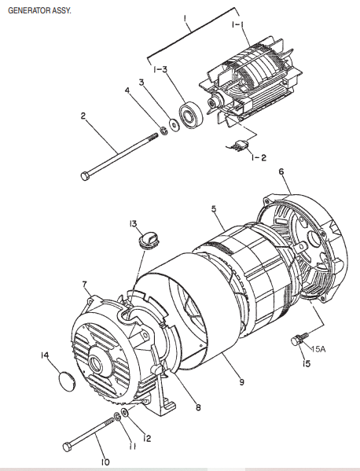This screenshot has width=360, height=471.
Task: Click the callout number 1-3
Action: coord(160,69)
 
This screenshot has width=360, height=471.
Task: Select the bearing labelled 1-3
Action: coord(189,115)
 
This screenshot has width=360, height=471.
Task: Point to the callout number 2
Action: coord(83,116)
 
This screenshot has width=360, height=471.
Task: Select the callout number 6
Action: coord(281,171)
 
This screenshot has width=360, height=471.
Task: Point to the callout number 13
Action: coord(133,224)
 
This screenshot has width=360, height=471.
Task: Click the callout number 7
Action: coord(84,283)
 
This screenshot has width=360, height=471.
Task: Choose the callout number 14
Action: coord(46,355)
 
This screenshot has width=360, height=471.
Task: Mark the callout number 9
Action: coord(242,383)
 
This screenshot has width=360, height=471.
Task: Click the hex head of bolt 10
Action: coord(68,446)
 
